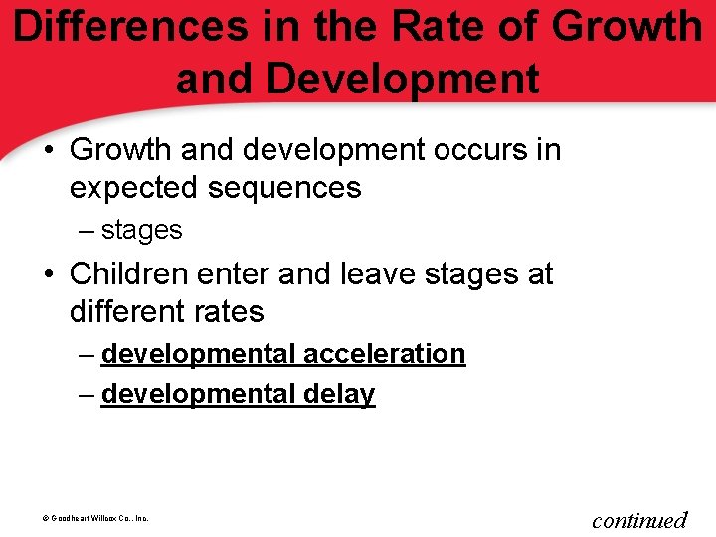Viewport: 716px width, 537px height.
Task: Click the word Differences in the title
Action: [129, 27]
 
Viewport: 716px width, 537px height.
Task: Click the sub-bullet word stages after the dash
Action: [141, 230]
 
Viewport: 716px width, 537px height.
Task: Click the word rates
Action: [226, 311]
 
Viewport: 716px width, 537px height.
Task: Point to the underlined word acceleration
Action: [384, 354]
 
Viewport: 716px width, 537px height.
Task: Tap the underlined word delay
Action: [339, 394]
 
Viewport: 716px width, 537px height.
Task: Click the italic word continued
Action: [639, 519]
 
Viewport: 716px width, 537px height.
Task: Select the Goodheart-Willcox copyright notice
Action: [86, 518]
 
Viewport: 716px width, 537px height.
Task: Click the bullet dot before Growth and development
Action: [50, 151]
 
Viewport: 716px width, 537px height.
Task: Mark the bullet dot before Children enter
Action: [50, 274]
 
